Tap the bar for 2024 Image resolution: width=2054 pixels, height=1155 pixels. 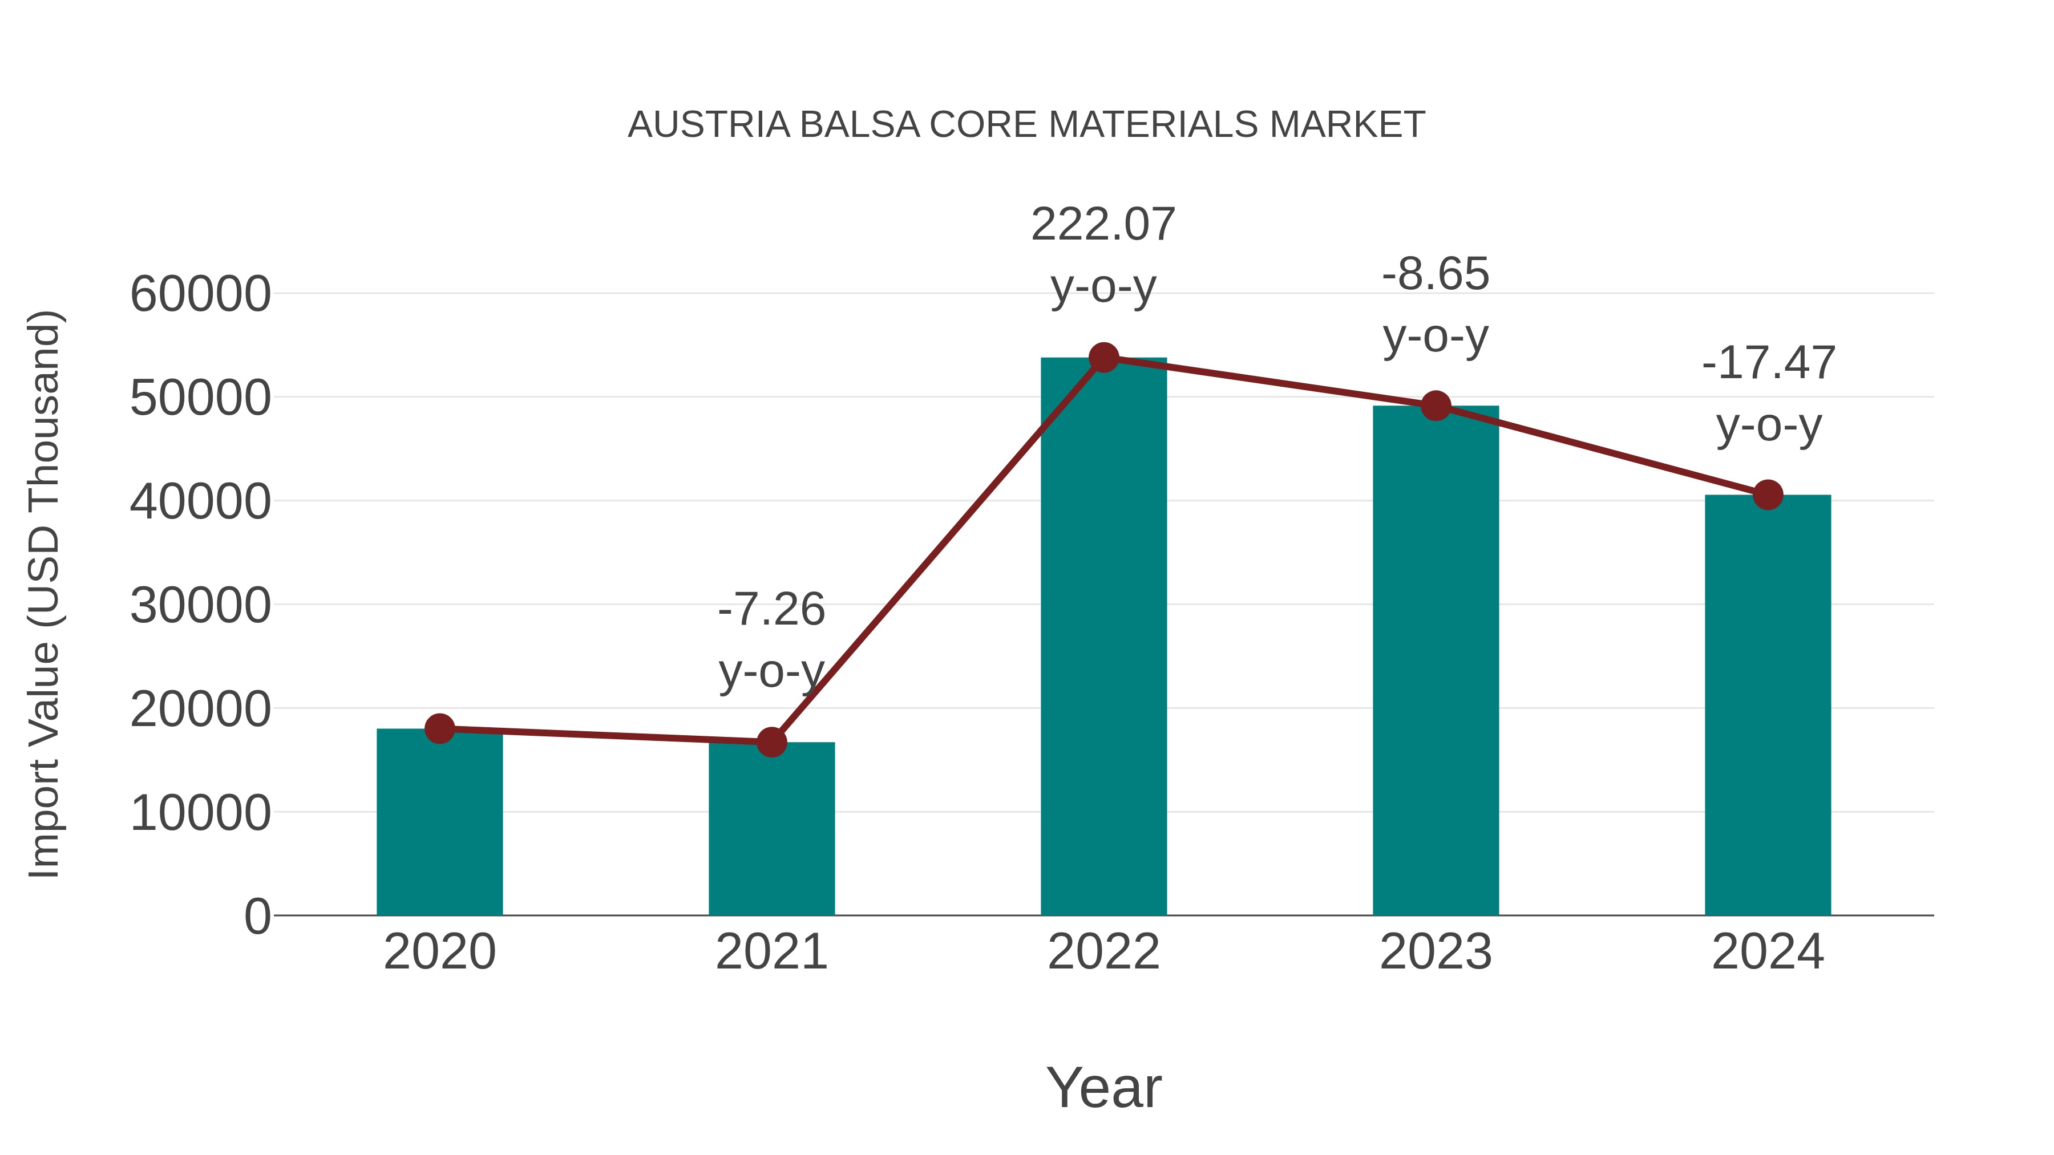click(1768, 710)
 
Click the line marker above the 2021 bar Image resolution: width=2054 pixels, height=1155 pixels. click(771, 742)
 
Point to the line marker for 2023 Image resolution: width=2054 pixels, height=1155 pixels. click(1436, 406)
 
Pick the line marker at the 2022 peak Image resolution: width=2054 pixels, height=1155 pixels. click(1103, 358)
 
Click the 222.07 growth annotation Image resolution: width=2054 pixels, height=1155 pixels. click(1103, 224)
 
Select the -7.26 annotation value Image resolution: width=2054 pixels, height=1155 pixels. click(771, 610)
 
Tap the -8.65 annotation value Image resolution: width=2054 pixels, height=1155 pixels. click(1436, 274)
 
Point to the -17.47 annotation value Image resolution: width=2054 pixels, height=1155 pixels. click(1768, 363)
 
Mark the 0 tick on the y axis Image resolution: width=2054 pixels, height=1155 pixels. click(257, 917)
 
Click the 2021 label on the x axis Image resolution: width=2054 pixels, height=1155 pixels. click(771, 952)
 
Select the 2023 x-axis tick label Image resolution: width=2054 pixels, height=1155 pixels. click(1436, 952)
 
